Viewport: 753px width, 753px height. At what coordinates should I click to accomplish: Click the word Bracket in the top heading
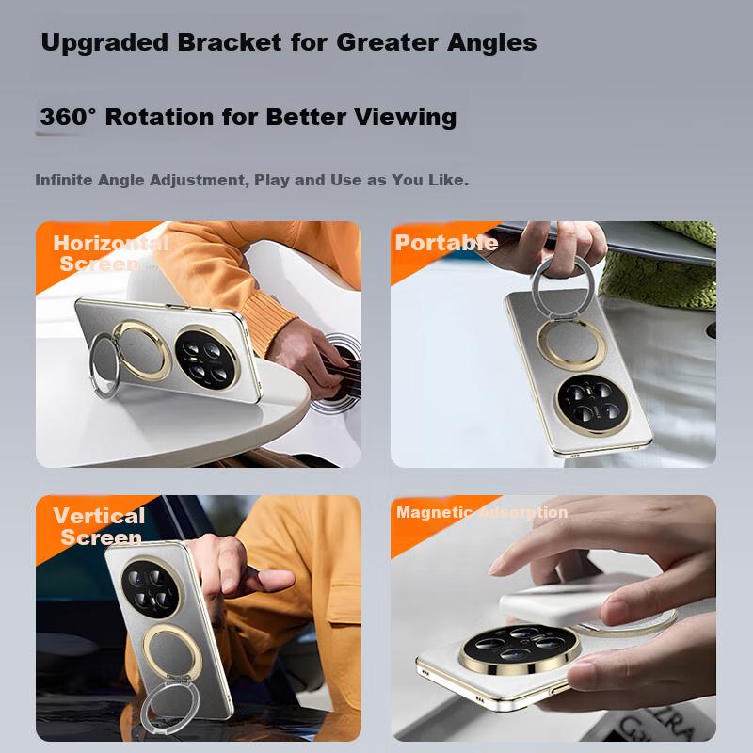point(230,42)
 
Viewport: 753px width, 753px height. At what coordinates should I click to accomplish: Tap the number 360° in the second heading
point(68,117)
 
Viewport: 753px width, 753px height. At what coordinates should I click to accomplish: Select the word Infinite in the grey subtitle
point(64,180)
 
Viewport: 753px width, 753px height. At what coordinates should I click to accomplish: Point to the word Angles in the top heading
point(491,43)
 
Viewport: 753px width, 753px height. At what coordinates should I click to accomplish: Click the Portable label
point(446,243)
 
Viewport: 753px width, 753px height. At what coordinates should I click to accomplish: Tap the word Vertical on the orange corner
point(99,516)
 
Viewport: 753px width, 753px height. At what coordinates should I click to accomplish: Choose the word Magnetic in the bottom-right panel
point(434,513)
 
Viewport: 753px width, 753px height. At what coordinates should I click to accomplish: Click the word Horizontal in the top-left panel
point(111,243)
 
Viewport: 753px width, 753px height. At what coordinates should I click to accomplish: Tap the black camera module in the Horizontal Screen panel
point(207,358)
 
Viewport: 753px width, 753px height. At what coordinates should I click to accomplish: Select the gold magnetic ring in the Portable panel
point(571,344)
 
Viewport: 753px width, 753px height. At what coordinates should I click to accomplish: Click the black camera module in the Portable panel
point(591,405)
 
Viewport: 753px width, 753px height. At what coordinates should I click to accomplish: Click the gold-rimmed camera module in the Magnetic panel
point(520,649)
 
